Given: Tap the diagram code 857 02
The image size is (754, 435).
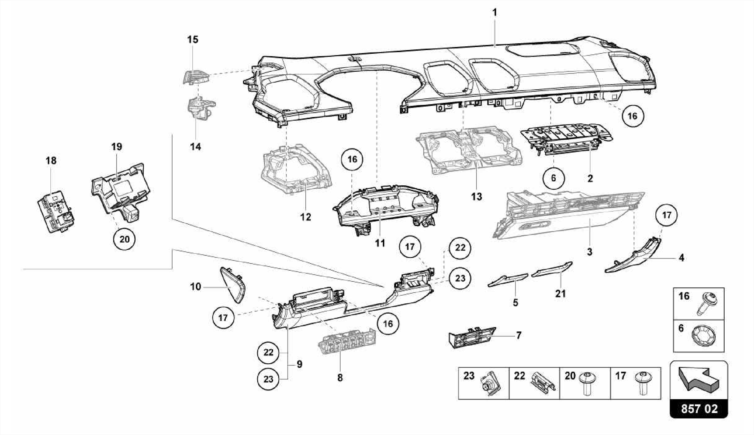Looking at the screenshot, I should coord(699,409).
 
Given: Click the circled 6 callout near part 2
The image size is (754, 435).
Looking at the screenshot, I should coord(553,178).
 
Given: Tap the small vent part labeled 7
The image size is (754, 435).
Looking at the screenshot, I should coord(472,337).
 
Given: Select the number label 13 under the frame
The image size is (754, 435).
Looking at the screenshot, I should coord(476,197).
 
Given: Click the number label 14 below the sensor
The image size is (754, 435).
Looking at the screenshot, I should coord(195,147).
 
